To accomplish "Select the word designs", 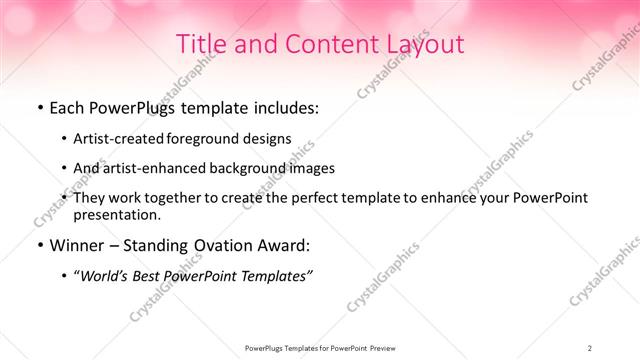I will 269,138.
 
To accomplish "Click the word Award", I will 288,245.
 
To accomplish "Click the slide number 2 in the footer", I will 590,347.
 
